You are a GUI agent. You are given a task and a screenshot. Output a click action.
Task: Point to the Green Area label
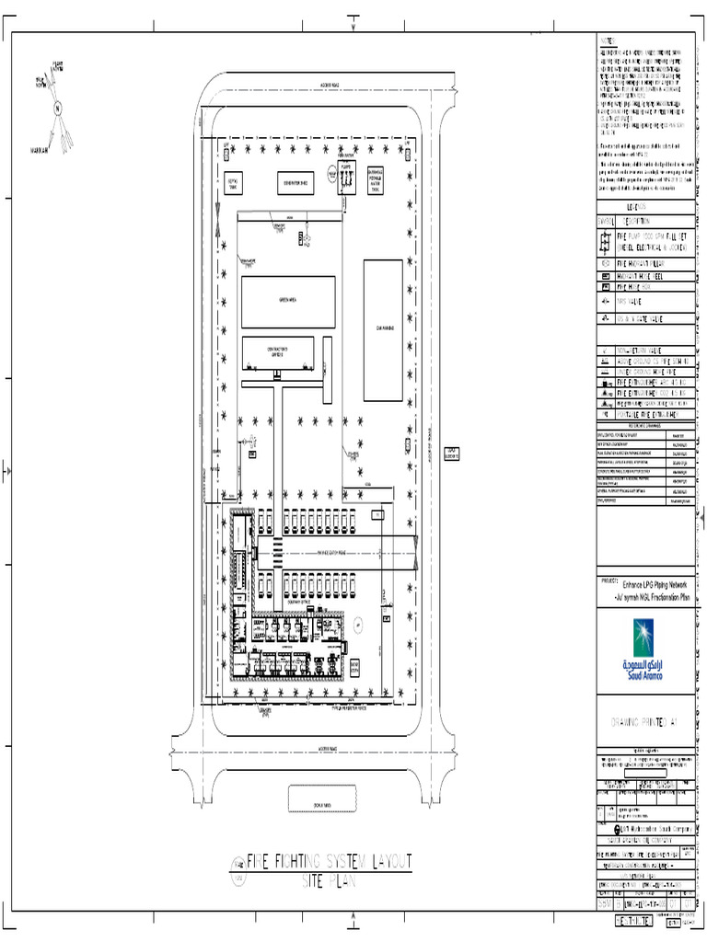pos(288,301)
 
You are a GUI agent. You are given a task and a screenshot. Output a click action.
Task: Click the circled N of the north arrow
pos(58,107)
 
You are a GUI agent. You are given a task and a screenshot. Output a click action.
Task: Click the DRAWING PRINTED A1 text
pos(643,723)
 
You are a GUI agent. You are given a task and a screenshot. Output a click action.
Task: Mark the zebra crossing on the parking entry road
pos(277,552)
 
